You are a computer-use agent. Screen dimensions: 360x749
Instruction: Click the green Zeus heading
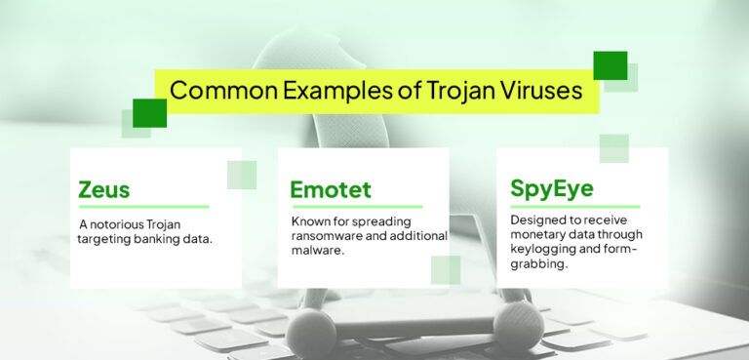point(104,188)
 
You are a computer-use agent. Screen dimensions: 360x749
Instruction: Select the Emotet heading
point(331,188)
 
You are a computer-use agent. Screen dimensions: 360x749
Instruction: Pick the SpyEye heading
point(552,187)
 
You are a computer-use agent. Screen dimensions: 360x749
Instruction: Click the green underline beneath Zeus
point(143,207)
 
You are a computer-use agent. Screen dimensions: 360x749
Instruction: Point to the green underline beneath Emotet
point(356,207)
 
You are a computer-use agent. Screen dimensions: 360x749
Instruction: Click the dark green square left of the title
point(149,112)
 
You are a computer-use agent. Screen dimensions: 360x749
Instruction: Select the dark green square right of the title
point(611,64)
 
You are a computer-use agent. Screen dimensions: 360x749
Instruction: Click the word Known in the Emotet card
point(311,221)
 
